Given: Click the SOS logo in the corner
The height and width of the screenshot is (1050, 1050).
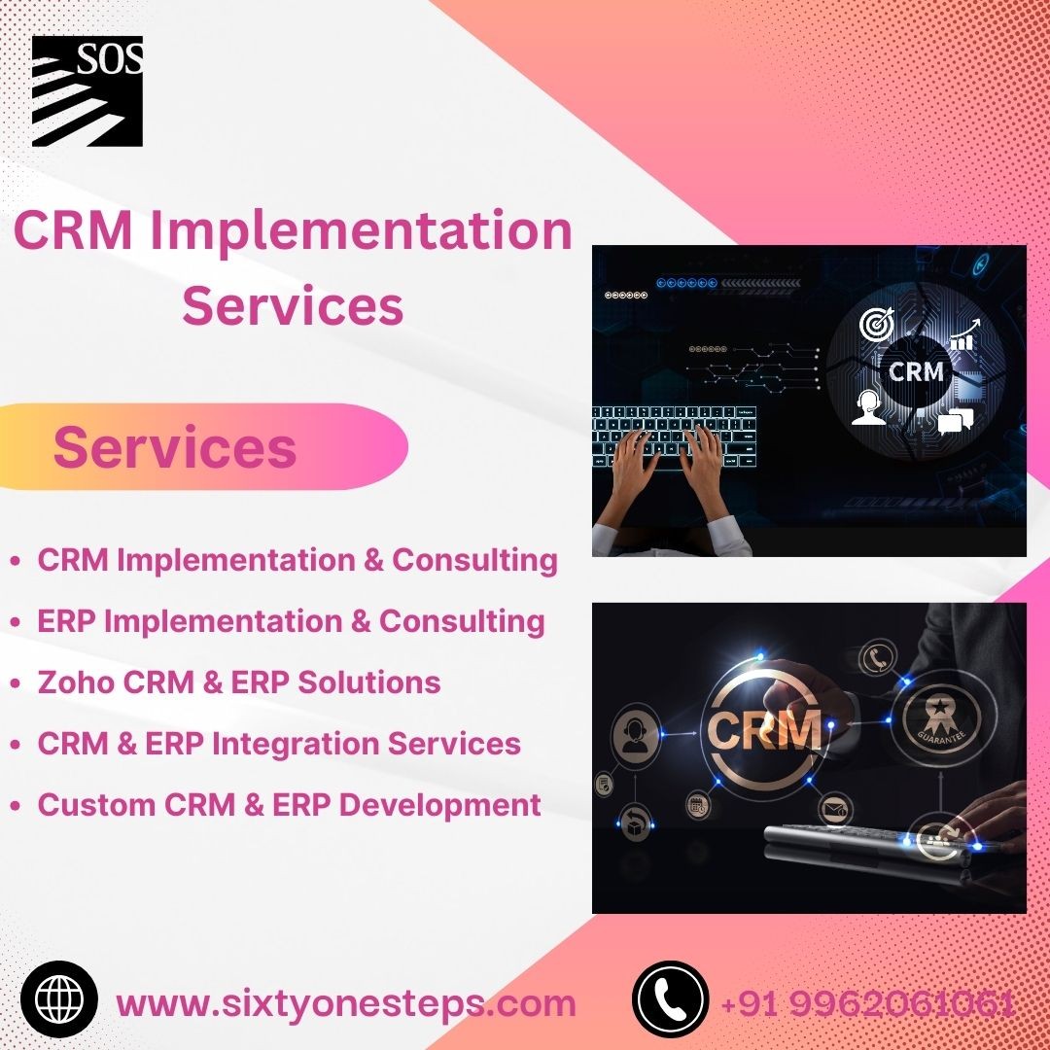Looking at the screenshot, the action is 87,91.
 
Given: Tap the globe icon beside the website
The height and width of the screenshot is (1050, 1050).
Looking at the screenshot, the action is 59,999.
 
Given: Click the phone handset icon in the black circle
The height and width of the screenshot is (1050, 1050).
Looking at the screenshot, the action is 670,999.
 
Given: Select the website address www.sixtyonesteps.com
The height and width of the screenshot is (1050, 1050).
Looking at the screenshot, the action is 345,1003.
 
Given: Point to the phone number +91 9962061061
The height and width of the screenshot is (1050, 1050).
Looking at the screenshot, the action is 868,1003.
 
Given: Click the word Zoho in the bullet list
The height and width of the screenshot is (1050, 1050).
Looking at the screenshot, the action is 77,682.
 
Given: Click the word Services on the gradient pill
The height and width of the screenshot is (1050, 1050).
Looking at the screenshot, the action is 175,447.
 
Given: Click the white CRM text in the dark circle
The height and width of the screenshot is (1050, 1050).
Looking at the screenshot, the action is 916,371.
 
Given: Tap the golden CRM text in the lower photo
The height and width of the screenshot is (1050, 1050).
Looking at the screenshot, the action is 764,729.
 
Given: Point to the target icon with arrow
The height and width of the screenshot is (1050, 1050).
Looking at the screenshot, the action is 877,323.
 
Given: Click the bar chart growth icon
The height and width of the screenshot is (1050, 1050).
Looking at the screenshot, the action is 964,334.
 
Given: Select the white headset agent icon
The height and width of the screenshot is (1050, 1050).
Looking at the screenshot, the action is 868,407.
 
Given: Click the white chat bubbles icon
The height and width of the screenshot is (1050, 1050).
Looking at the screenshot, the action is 955,421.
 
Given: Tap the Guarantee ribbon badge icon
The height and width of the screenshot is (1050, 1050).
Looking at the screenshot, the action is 941,719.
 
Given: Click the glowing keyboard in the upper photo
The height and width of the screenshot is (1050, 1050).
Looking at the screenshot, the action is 675,437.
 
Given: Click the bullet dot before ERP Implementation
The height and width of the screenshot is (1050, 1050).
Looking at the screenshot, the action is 16,622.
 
